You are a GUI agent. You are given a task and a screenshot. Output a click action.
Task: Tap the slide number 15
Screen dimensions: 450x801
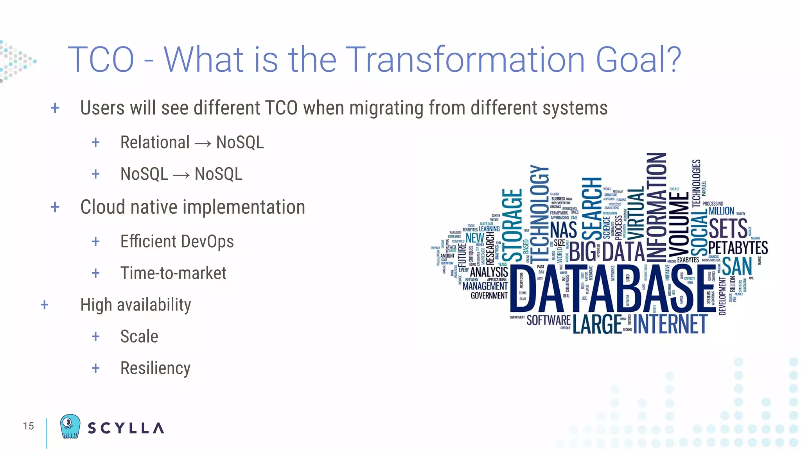28,426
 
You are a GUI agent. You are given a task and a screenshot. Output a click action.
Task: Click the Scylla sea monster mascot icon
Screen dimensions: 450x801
70,426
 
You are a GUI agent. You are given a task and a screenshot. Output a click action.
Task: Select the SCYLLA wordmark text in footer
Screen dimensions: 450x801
126,428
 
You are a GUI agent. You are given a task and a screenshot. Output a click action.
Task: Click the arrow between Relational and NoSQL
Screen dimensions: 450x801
203,144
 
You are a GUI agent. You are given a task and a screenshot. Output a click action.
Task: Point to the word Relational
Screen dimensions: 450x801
155,142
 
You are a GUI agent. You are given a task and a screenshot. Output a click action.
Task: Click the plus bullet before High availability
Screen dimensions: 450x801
45,305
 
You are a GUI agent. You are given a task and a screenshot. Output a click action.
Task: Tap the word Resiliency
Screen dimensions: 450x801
155,368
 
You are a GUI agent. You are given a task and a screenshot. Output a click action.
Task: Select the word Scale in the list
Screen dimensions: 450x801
139,336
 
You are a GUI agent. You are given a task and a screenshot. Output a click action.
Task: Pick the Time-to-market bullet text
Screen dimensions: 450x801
173,273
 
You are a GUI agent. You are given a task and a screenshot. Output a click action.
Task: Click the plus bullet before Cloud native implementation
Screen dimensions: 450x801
55,207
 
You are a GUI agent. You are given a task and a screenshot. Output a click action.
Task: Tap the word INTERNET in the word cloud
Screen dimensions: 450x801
670,324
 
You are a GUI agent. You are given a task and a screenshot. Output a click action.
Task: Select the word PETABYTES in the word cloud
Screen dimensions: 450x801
738,248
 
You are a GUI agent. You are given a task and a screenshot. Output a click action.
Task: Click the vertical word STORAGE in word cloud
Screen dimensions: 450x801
512,225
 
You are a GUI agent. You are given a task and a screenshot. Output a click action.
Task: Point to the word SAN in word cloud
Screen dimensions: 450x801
737,266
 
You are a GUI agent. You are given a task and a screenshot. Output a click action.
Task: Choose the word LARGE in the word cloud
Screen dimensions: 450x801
597,324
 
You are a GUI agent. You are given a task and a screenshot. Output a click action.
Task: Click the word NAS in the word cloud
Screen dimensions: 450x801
563,230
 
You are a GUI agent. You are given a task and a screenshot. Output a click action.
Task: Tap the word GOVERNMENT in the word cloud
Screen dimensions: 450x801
489,296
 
